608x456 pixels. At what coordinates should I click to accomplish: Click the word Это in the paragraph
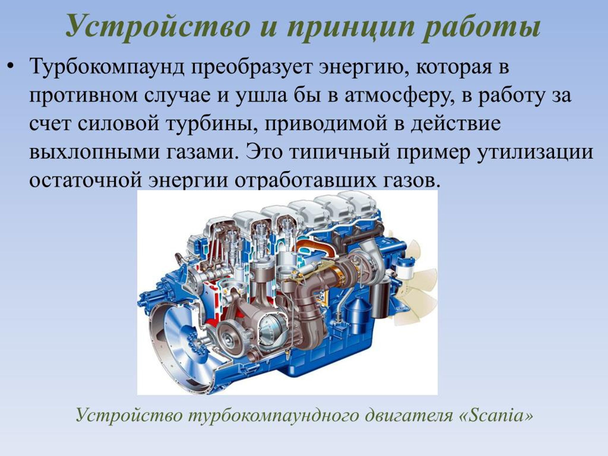click(264, 152)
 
